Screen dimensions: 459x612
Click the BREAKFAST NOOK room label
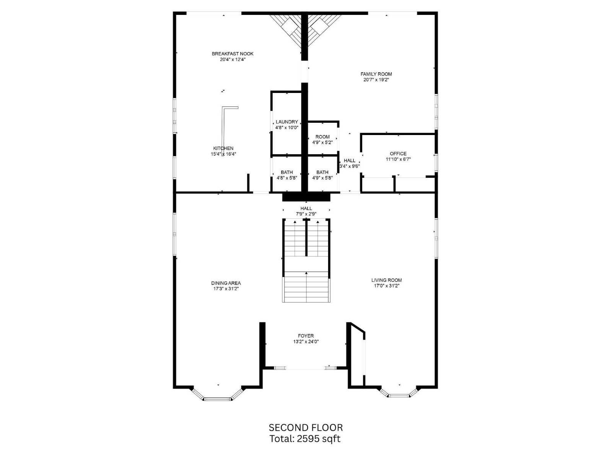233,54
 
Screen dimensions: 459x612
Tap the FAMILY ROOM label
376,74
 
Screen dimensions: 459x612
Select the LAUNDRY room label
286,122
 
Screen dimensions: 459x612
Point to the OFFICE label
398,154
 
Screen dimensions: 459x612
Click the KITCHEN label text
223,148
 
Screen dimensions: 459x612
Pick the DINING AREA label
226,283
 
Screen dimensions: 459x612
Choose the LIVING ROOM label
386,280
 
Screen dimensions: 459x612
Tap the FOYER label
306,336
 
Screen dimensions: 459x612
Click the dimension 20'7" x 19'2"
376,80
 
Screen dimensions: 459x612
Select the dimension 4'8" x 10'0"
286,128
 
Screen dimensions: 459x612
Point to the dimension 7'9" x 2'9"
306,214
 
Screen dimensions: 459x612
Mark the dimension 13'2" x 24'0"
306,342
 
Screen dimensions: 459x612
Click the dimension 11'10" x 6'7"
398,160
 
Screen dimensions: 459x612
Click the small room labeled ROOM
322,137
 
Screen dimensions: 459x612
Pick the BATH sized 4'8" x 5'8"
286,173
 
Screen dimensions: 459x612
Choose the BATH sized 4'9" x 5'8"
322,173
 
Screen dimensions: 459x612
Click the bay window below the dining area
217,398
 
